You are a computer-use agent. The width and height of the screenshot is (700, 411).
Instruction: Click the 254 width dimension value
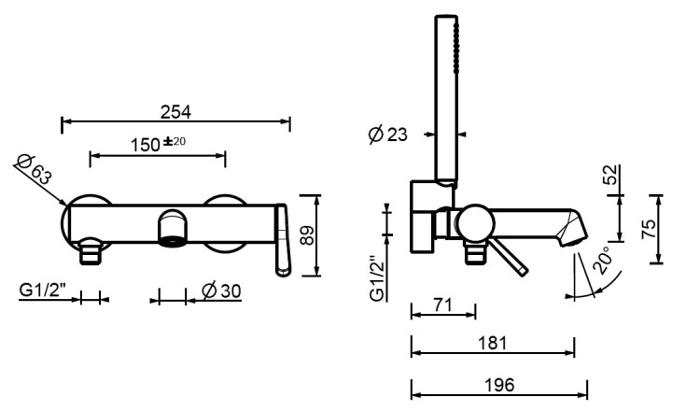pos(175,112)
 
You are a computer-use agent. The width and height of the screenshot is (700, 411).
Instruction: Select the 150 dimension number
pos(145,145)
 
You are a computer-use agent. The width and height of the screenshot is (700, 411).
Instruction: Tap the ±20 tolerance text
pos(175,142)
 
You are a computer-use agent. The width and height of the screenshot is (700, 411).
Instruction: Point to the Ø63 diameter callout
pos(34,169)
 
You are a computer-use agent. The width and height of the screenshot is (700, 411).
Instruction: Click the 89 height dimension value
pos(307,235)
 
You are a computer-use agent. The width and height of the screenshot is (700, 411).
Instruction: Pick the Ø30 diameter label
pos(221,291)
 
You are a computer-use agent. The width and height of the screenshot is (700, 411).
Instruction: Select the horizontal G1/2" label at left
pos(42,290)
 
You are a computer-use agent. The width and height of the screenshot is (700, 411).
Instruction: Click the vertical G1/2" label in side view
pos(378,278)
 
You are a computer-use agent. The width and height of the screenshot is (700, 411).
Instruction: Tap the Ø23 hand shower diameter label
pos(387,134)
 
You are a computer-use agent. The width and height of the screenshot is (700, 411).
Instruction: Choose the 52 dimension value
pos(610,175)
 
